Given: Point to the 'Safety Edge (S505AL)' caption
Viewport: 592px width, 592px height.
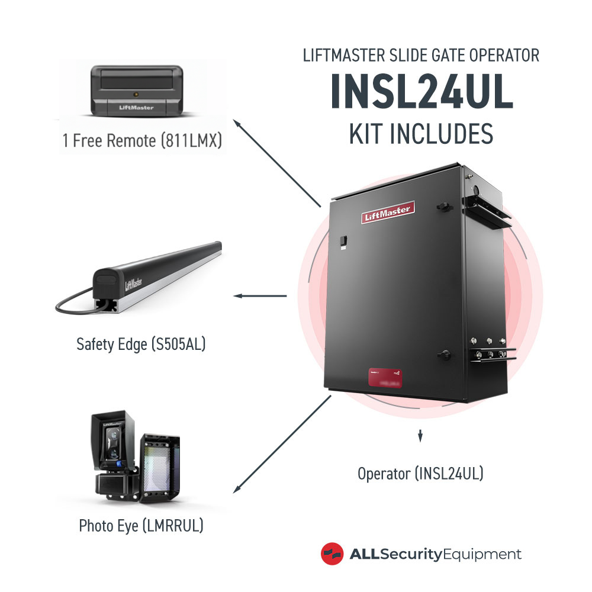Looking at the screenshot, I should [x=141, y=344].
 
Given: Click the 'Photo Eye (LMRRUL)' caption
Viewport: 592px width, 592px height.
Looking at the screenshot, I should [x=141, y=525].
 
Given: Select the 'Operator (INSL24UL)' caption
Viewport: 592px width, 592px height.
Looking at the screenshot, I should [x=420, y=474].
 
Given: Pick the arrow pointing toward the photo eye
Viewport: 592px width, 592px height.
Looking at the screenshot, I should [x=281, y=445].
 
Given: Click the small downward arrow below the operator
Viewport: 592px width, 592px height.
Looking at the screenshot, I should [x=420, y=437].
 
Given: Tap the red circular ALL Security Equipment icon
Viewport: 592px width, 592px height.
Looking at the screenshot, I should [x=332, y=554].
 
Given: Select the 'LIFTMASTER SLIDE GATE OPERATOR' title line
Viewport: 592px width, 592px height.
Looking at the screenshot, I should [x=421, y=56].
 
